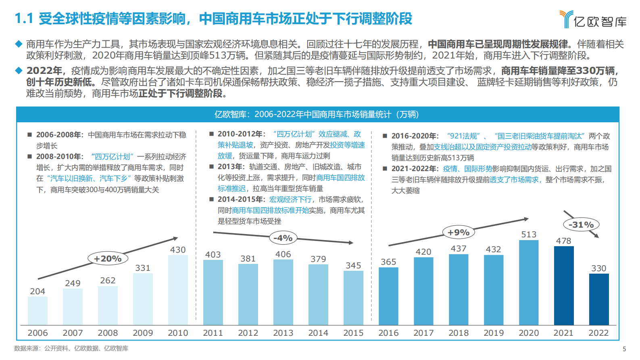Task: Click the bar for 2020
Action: coord(528,283)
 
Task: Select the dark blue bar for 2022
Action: coord(598,299)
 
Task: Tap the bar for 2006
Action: coord(38,311)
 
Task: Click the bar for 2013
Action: coord(283,292)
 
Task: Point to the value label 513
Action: coord(529,234)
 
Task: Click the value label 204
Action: coord(38,291)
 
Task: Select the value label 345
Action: coord(353,266)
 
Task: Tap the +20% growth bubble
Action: coord(108,259)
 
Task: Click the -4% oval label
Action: coord(283,238)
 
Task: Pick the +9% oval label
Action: coord(459,232)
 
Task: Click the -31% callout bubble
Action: coord(581,225)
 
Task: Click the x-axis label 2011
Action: coord(213,333)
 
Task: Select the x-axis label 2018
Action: coord(459,333)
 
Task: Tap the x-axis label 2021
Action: coord(563,333)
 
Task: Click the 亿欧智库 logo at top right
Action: coord(593,19)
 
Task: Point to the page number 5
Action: coord(624,349)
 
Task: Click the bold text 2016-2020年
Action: coord(415,136)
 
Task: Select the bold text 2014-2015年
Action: coord(241,199)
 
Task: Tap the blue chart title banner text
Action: coord(317,115)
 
